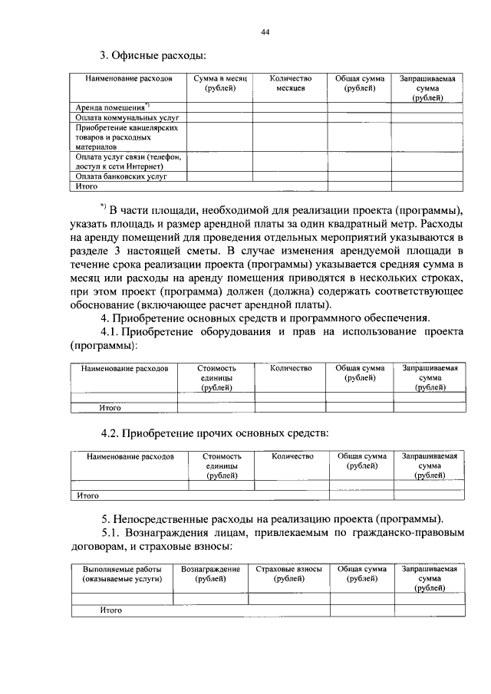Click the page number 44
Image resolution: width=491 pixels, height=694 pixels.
click(x=265, y=31)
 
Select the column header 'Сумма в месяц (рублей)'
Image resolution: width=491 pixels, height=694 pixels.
click(x=219, y=84)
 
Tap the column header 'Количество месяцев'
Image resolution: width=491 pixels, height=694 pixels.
click(x=291, y=84)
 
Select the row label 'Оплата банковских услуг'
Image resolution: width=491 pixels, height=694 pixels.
click(x=121, y=176)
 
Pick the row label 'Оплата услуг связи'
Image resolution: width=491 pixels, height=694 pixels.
click(x=127, y=160)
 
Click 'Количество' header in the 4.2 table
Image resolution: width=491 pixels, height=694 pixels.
click(x=292, y=456)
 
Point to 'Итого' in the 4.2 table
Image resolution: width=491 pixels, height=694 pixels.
click(x=88, y=495)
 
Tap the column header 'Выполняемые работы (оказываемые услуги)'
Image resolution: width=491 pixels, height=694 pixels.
click(x=122, y=574)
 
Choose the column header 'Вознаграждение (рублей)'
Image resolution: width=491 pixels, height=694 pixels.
click(x=211, y=574)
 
